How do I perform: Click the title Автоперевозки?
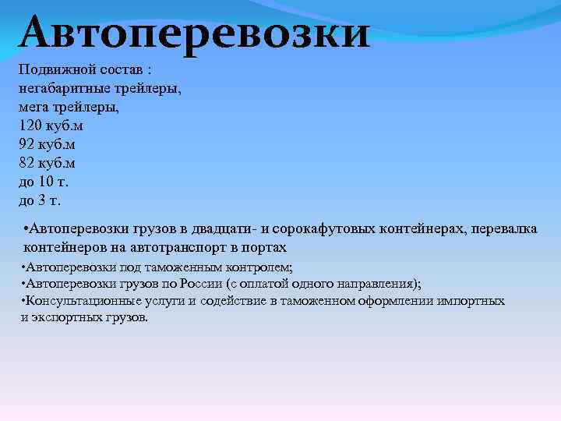[x=195, y=33]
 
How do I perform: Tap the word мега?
[x=33, y=106]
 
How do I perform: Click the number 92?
[x=26, y=144]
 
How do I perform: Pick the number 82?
[x=26, y=163]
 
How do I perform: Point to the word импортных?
[x=471, y=301]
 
